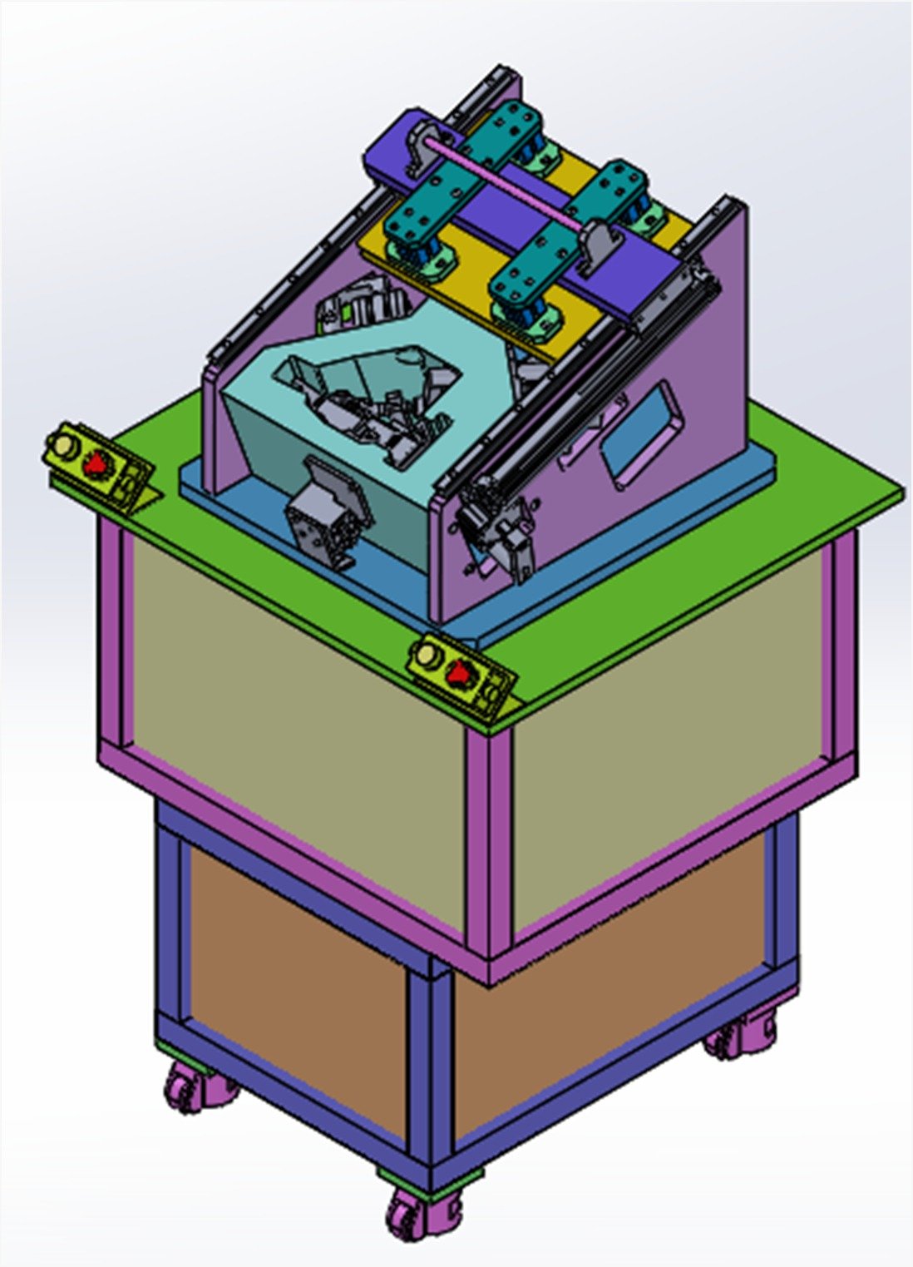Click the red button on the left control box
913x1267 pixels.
[98, 463]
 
